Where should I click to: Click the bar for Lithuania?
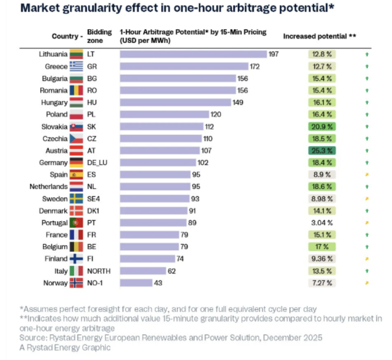(x=193, y=54)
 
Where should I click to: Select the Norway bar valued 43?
(x=136, y=283)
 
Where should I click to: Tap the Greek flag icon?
(x=76, y=66)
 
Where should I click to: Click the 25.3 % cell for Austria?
(x=322, y=151)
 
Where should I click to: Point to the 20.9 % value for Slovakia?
(x=322, y=127)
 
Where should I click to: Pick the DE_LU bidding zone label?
(x=97, y=163)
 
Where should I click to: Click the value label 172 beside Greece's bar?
(x=254, y=67)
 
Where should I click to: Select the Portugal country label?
(x=55, y=223)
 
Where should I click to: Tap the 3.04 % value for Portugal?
(x=322, y=223)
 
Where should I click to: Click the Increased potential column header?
(x=319, y=36)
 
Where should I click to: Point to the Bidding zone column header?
(x=99, y=36)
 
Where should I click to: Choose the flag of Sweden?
(x=76, y=199)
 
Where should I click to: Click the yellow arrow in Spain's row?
(x=367, y=175)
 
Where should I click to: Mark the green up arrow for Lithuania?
(x=367, y=55)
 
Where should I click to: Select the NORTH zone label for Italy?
(x=99, y=271)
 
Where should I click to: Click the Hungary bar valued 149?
(x=175, y=102)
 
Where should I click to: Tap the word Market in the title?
(x=39, y=8)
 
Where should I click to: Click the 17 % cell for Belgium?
(x=322, y=247)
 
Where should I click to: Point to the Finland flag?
(x=76, y=259)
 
